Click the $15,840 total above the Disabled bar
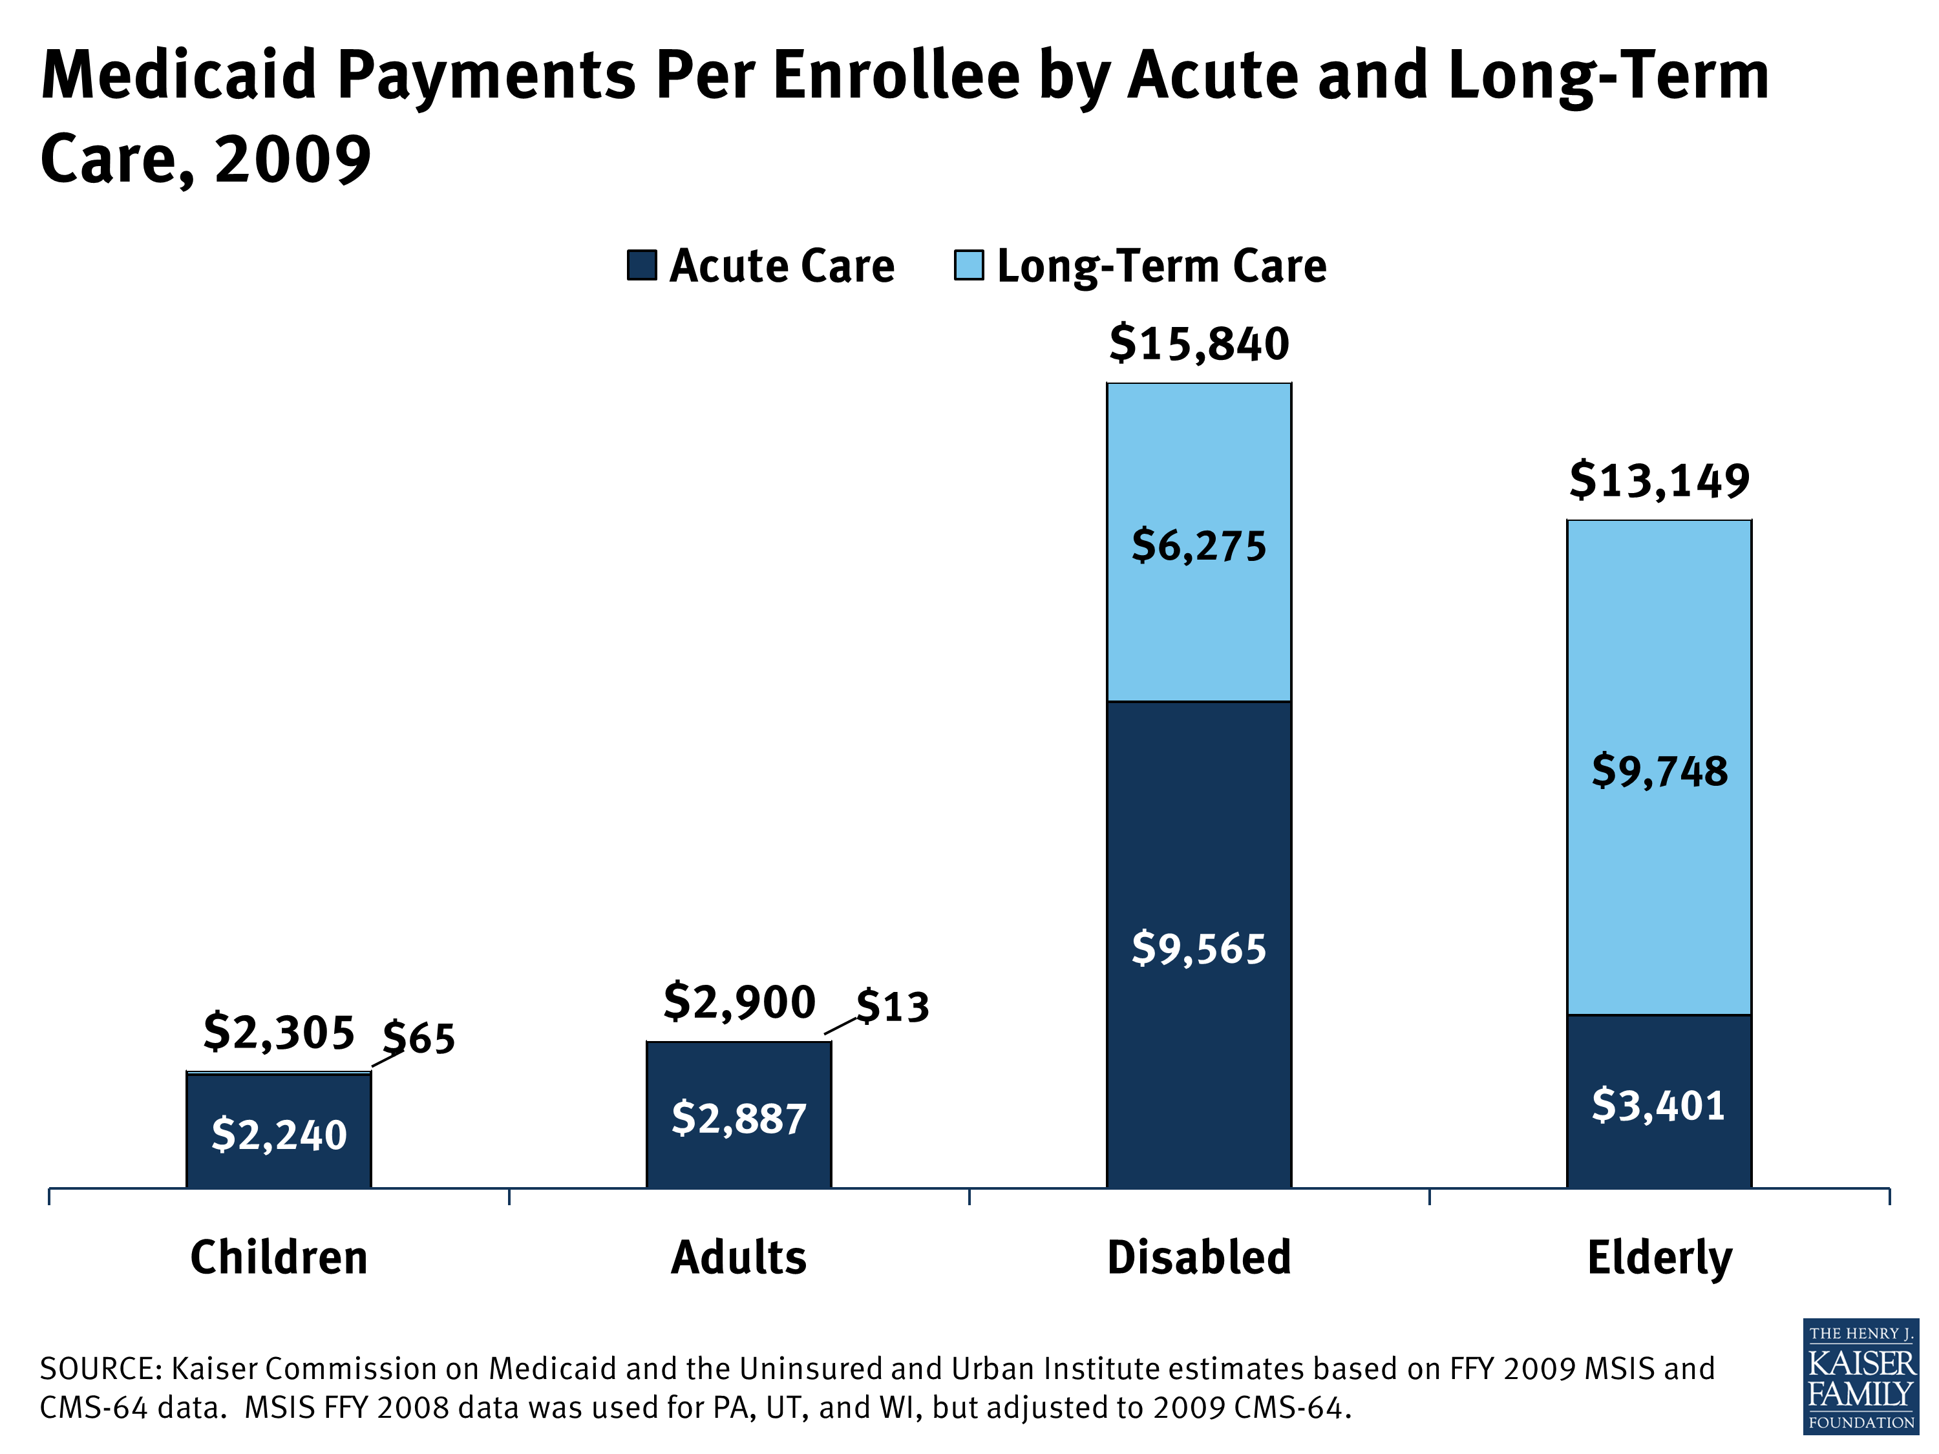pos(1198,344)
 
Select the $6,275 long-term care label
pos(1198,546)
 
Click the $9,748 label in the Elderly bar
pos(1658,771)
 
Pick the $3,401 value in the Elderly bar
pos(1658,1105)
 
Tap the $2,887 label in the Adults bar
pos(739,1119)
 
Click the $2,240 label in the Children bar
pos(279,1135)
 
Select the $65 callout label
pos(419,1038)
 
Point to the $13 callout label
pos(893,1007)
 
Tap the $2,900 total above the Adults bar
pos(739,1002)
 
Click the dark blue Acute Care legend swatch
pos(642,265)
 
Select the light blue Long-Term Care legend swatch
pos(969,265)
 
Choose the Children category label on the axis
pos(279,1258)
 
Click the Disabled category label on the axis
pos(1198,1258)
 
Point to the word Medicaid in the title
pos(179,76)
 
